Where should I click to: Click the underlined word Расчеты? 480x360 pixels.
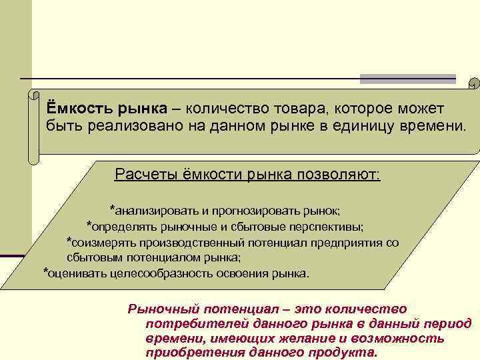pos(143,175)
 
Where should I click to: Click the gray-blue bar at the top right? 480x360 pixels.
pos(408,79)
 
